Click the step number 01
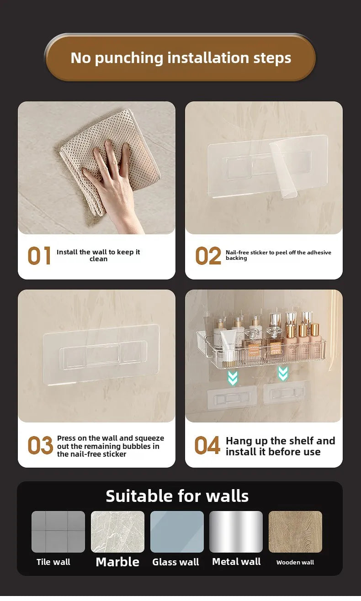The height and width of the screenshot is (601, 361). pyautogui.click(x=39, y=256)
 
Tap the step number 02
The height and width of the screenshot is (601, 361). pyautogui.click(x=208, y=256)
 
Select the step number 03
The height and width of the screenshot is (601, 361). pyautogui.click(x=40, y=446)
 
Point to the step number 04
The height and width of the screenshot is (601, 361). pyautogui.click(x=207, y=446)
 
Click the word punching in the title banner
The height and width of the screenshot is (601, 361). pyautogui.click(x=129, y=58)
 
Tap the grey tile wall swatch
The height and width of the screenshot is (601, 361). pyautogui.click(x=58, y=532)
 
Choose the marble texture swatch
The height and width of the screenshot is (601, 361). pyautogui.click(x=117, y=532)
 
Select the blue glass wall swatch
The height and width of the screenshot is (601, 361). pyautogui.click(x=177, y=532)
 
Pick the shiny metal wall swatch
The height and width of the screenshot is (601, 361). pyautogui.click(x=236, y=532)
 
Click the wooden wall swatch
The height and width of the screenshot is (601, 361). pyautogui.click(x=295, y=532)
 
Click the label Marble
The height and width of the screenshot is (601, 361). pyautogui.click(x=117, y=562)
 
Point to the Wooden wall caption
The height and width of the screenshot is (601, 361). pyautogui.click(x=295, y=563)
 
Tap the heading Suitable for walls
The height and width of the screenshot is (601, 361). pyautogui.click(x=177, y=496)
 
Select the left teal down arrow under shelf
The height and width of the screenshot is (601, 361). pyautogui.click(x=233, y=377)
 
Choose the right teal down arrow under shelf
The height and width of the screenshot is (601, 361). pyautogui.click(x=283, y=374)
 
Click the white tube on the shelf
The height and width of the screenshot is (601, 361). pyautogui.click(x=228, y=345)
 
